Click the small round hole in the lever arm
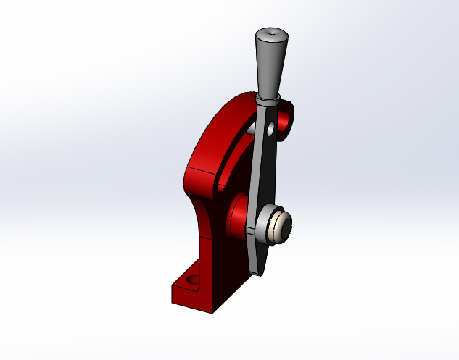click(270, 131)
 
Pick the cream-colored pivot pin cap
click(281, 227)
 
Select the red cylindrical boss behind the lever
click(239, 217)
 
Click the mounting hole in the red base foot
click(192, 278)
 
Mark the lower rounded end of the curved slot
click(220, 187)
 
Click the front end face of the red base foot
click(191, 300)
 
